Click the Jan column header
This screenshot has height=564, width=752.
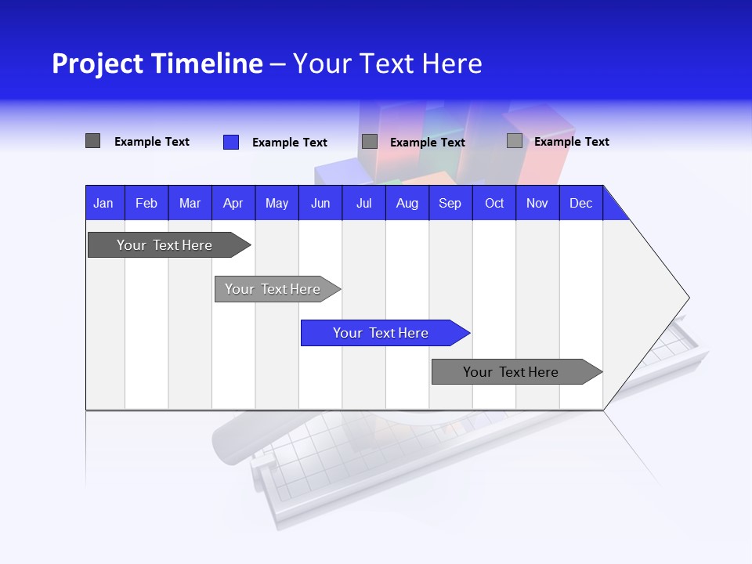104,203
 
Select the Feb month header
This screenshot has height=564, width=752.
146,203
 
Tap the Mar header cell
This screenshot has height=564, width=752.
190,203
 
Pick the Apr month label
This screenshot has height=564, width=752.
233,203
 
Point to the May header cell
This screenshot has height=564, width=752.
277,203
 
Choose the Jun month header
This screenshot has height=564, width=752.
320,203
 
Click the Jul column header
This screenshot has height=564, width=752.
363,203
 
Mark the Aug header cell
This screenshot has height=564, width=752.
407,203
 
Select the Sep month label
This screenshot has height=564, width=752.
450,203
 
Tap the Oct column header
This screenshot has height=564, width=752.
494,203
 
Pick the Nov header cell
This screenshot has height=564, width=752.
537,203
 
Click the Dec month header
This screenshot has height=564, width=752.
581,203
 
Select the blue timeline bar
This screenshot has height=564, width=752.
381,333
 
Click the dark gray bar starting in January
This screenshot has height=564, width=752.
165,245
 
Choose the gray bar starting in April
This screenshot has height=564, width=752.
273,289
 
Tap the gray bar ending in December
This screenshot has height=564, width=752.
512,372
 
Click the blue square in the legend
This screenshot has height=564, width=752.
231,142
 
